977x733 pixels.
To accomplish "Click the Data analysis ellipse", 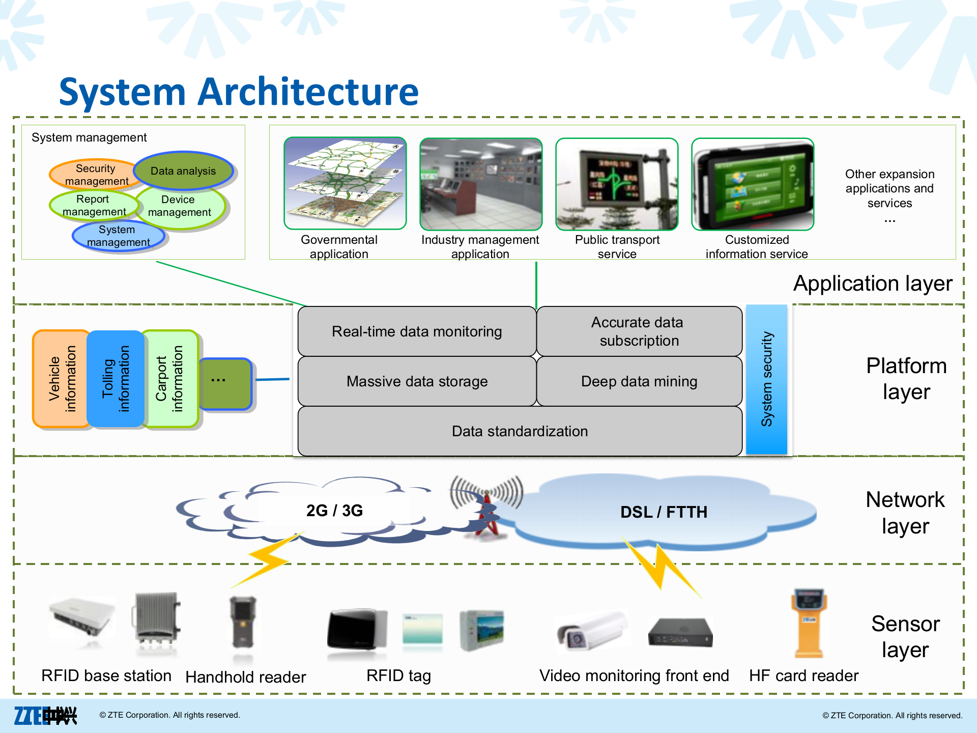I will point(183,171).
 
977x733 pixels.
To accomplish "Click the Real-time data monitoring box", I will point(417,331).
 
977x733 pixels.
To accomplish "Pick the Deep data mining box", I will point(639,381).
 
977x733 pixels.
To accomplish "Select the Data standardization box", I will point(520,431).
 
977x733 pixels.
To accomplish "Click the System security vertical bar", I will point(766,379).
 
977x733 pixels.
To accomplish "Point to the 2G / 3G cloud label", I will point(334,510).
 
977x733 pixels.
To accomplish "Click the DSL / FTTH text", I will point(664,512).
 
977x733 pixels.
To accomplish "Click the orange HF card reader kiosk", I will point(809,624).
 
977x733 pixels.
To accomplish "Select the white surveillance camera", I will point(590,631).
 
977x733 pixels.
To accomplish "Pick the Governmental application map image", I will point(345,184).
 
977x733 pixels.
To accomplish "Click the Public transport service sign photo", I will point(617,184).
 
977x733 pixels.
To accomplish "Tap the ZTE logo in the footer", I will point(45,715).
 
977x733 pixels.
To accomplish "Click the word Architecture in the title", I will point(308,92).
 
